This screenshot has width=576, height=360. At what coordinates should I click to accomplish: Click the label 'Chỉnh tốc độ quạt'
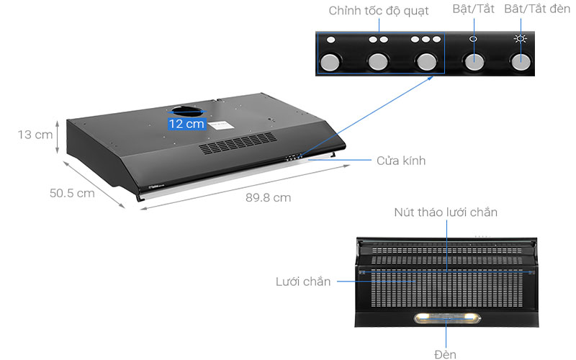(x=378, y=11)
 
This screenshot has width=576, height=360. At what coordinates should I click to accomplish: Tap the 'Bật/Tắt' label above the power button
(x=473, y=9)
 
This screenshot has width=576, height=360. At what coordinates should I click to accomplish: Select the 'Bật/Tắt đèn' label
(x=537, y=9)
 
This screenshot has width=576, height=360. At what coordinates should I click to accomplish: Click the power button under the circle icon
(x=474, y=62)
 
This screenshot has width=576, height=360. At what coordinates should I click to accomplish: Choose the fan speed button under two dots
(x=379, y=62)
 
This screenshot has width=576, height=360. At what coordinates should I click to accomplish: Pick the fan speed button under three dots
(x=426, y=62)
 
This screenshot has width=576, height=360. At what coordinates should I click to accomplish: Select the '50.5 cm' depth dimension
(x=72, y=193)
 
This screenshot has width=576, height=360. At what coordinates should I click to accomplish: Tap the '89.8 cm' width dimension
(x=269, y=197)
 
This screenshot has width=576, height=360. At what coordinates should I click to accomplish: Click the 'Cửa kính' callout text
(x=401, y=161)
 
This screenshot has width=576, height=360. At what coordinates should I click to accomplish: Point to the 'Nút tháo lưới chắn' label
(x=446, y=212)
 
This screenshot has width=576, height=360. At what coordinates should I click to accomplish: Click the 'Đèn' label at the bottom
(x=446, y=354)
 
